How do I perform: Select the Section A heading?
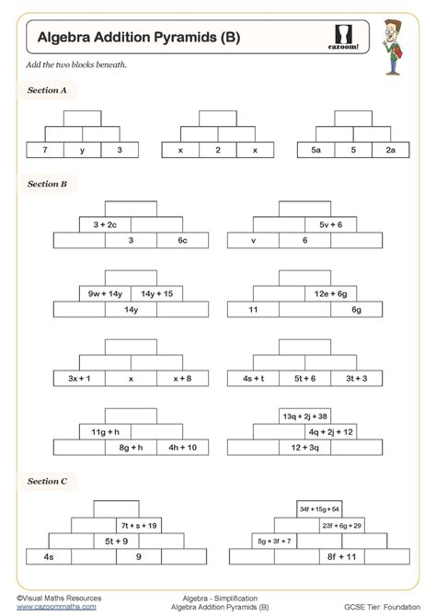47,90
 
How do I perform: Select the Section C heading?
47,481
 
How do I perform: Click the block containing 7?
44,149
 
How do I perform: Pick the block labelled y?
82,149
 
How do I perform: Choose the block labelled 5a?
316,149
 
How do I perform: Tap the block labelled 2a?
390,149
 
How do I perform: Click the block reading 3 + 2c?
105,224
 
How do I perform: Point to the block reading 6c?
182,240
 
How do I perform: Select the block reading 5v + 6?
331,224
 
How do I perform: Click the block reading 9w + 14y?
105,293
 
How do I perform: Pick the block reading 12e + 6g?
331,293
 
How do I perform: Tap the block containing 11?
253,310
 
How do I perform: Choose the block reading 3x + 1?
79,378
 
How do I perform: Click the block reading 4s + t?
253,378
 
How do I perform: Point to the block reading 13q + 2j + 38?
305,416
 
